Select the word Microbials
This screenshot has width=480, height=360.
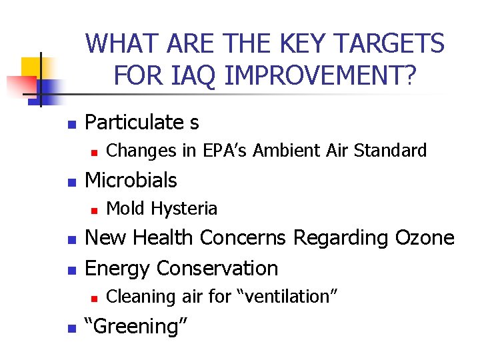pyautogui.click(x=131, y=180)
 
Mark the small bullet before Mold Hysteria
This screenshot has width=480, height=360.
pyautogui.click(x=94, y=210)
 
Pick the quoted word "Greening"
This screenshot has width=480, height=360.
pyautogui.click(x=137, y=326)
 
